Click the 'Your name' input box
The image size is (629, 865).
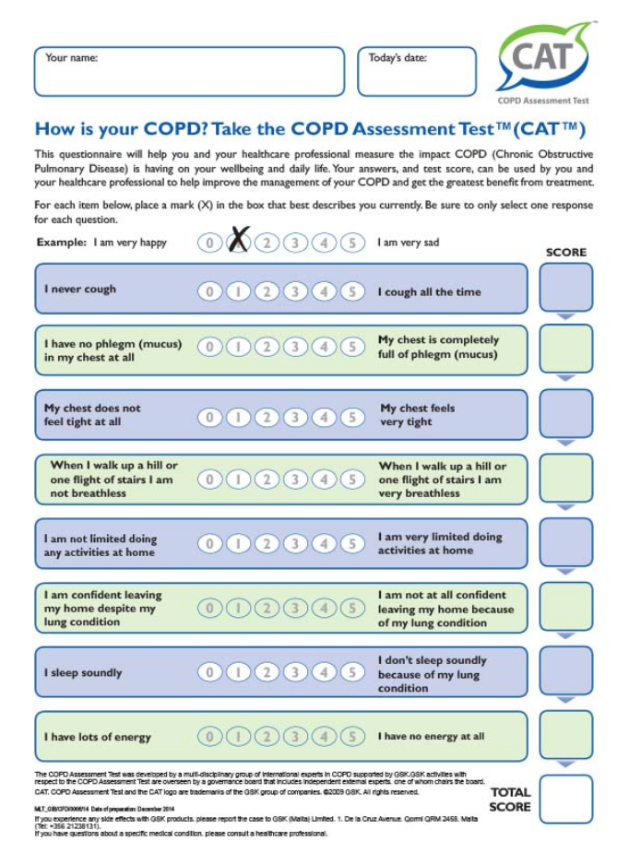tap(188, 72)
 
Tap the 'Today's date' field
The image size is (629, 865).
tap(417, 72)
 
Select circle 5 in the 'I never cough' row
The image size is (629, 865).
tap(351, 291)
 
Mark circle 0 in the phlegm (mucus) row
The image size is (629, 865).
tap(209, 348)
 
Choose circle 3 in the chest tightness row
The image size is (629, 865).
tap(294, 417)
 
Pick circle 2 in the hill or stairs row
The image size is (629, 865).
tap(266, 480)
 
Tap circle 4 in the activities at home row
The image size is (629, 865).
tap(323, 544)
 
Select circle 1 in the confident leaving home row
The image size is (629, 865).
tap(237, 608)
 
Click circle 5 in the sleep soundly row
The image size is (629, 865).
tap(351, 672)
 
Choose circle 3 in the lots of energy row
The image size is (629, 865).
tap(294, 737)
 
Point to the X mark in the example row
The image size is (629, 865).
tap(238, 241)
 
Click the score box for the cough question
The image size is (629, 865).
tap(565, 287)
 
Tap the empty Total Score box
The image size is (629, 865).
tap(565, 799)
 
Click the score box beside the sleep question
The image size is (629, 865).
tap(565, 670)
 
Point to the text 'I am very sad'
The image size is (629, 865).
tap(408, 243)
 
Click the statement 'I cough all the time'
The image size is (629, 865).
tap(429, 291)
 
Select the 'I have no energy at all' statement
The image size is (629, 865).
tap(431, 737)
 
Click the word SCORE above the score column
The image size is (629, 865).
tap(565, 252)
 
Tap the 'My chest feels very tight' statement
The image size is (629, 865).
tap(418, 415)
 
